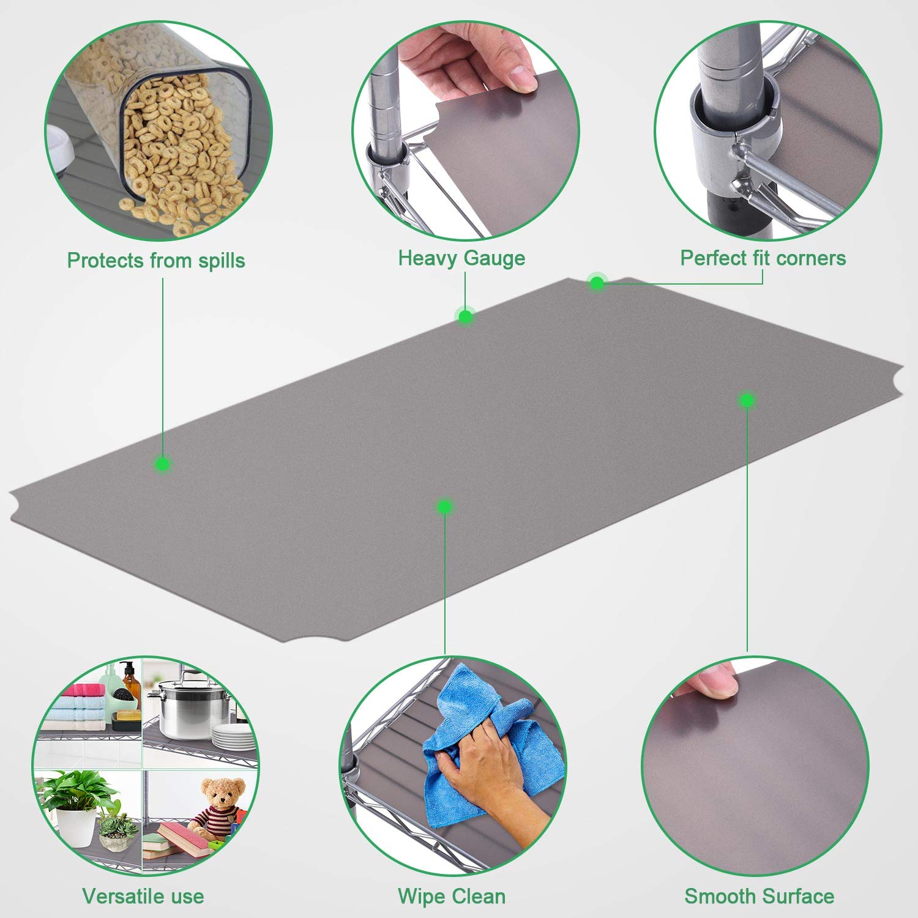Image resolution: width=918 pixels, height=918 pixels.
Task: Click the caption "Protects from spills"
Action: [156, 261]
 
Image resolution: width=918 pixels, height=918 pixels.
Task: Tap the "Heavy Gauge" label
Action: [462, 258]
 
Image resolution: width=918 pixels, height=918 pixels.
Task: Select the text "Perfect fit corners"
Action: [763, 258]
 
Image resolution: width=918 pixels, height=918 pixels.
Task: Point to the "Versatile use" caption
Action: [143, 897]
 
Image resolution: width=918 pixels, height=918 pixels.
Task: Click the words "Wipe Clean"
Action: [452, 897]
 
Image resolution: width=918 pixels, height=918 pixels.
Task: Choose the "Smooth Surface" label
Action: [759, 897]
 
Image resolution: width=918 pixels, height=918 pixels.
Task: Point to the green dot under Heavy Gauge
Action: [465, 317]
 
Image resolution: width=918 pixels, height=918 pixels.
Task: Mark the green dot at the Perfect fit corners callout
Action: [597, 283]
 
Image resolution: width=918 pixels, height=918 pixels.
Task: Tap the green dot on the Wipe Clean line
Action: [445, 507]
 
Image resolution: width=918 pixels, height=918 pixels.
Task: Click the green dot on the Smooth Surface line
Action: [747, 400]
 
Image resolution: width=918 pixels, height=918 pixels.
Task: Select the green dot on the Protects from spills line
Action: [162, 464]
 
